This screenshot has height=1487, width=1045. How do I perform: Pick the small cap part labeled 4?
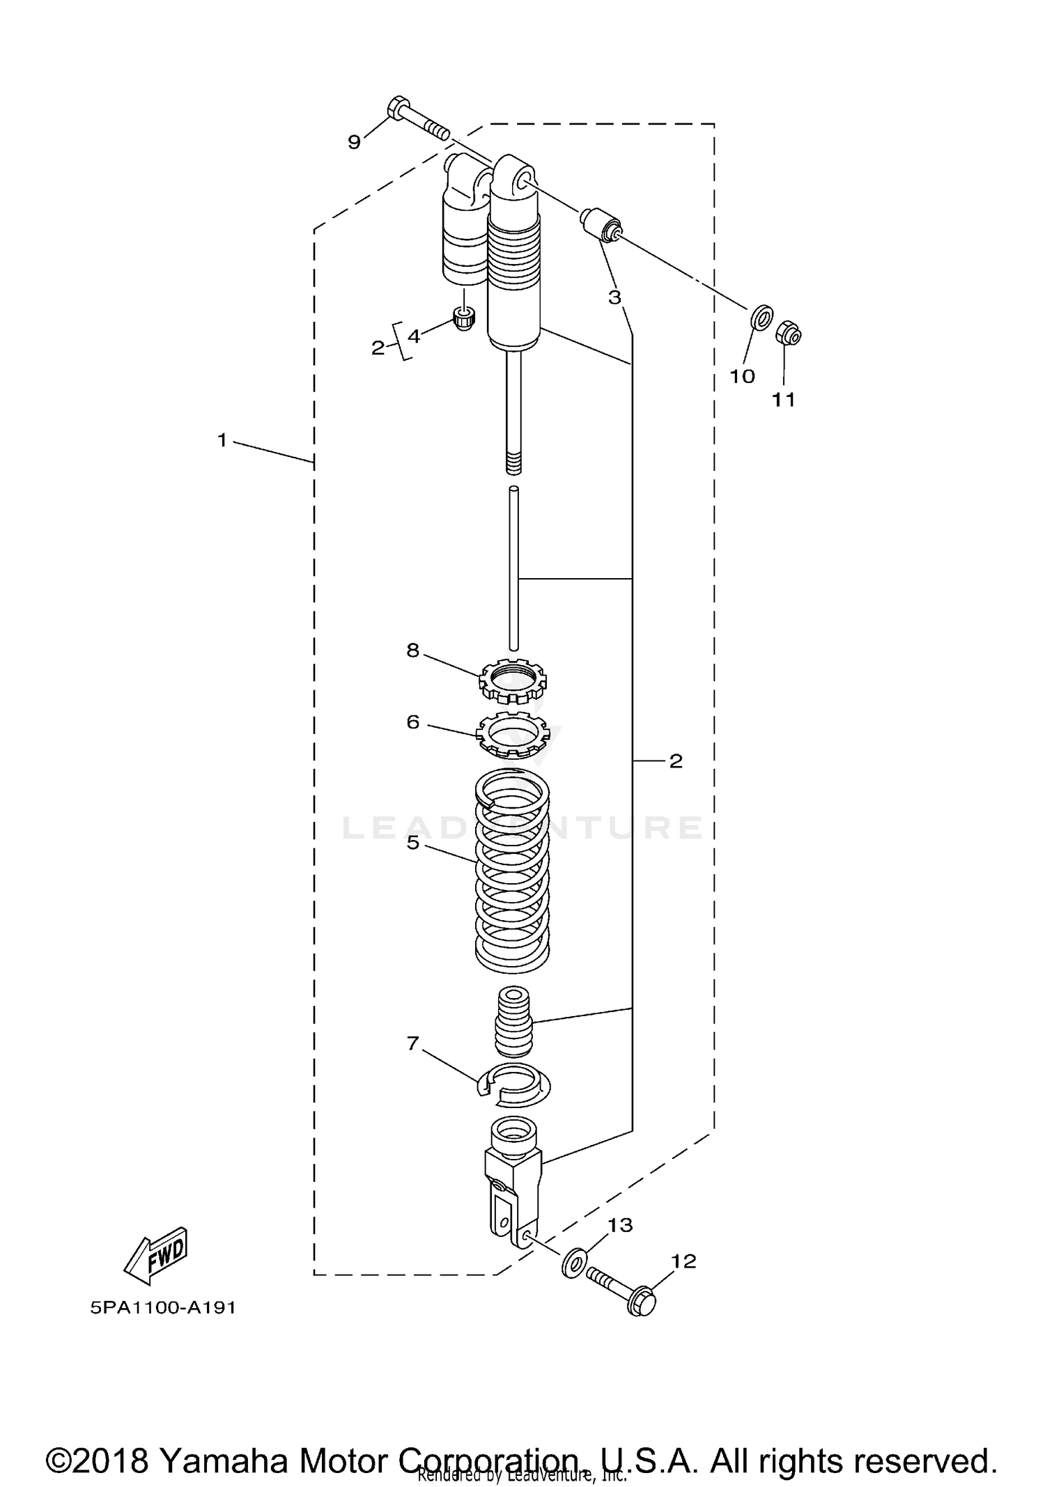(463, 319)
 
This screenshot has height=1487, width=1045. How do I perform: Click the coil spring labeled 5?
(512, 874)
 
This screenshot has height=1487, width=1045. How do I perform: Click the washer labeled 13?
(573, 1262)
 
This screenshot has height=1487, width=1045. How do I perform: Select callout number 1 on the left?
(222, 440)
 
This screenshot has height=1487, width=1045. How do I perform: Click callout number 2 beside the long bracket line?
(675, 761)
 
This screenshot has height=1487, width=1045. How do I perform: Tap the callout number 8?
(412, 650)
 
